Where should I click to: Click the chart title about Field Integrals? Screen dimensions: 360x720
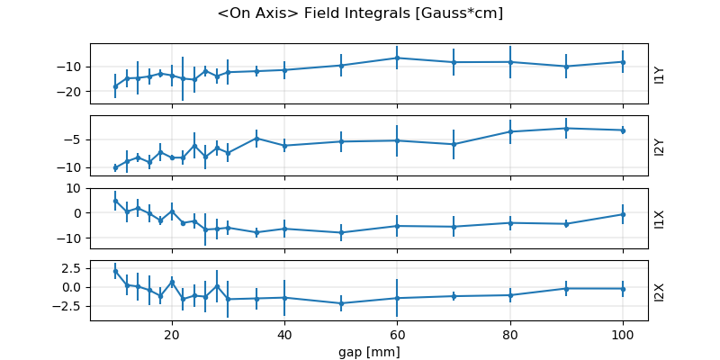(360, 13)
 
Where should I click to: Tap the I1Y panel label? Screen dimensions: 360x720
(660, 74)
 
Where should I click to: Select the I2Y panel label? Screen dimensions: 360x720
(660, 146)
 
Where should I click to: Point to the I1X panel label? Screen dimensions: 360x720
(660, 219)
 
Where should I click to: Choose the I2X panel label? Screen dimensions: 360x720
(660, 291)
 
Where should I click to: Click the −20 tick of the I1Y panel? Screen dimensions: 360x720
(73, 92)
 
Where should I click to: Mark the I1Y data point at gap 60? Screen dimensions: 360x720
(397, 58)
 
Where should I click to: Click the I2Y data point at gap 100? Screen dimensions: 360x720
(623, 130)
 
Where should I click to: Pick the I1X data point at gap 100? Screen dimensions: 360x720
(623, 214)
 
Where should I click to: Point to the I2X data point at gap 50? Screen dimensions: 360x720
(341, 303)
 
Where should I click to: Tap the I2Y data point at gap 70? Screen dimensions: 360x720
(454, 144)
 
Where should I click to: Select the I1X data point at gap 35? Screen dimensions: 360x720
(256, 232)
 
